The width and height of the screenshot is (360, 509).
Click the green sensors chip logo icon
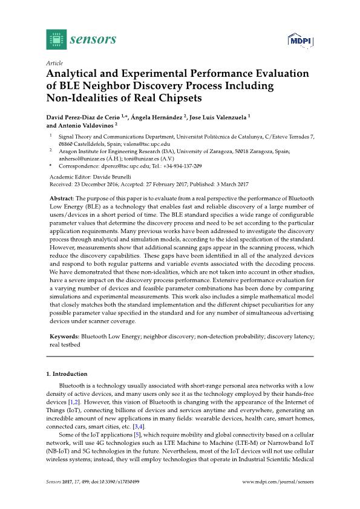coord(56,40)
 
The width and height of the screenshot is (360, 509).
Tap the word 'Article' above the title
coord(54,63)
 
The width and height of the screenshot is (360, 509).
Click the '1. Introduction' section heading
coord(67,374)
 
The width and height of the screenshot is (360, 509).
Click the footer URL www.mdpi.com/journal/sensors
coord(278,482)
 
